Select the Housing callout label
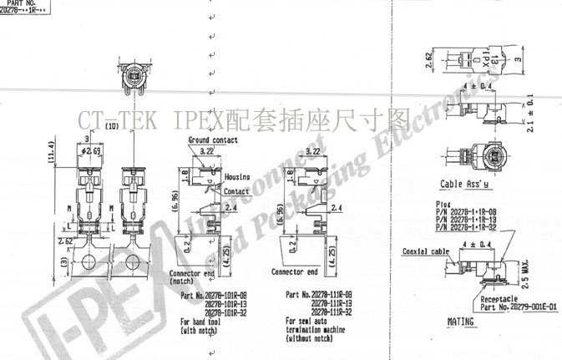(x=237, y=177)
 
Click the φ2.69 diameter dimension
(x=91, y=151)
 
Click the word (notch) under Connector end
(x=183, y=281)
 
